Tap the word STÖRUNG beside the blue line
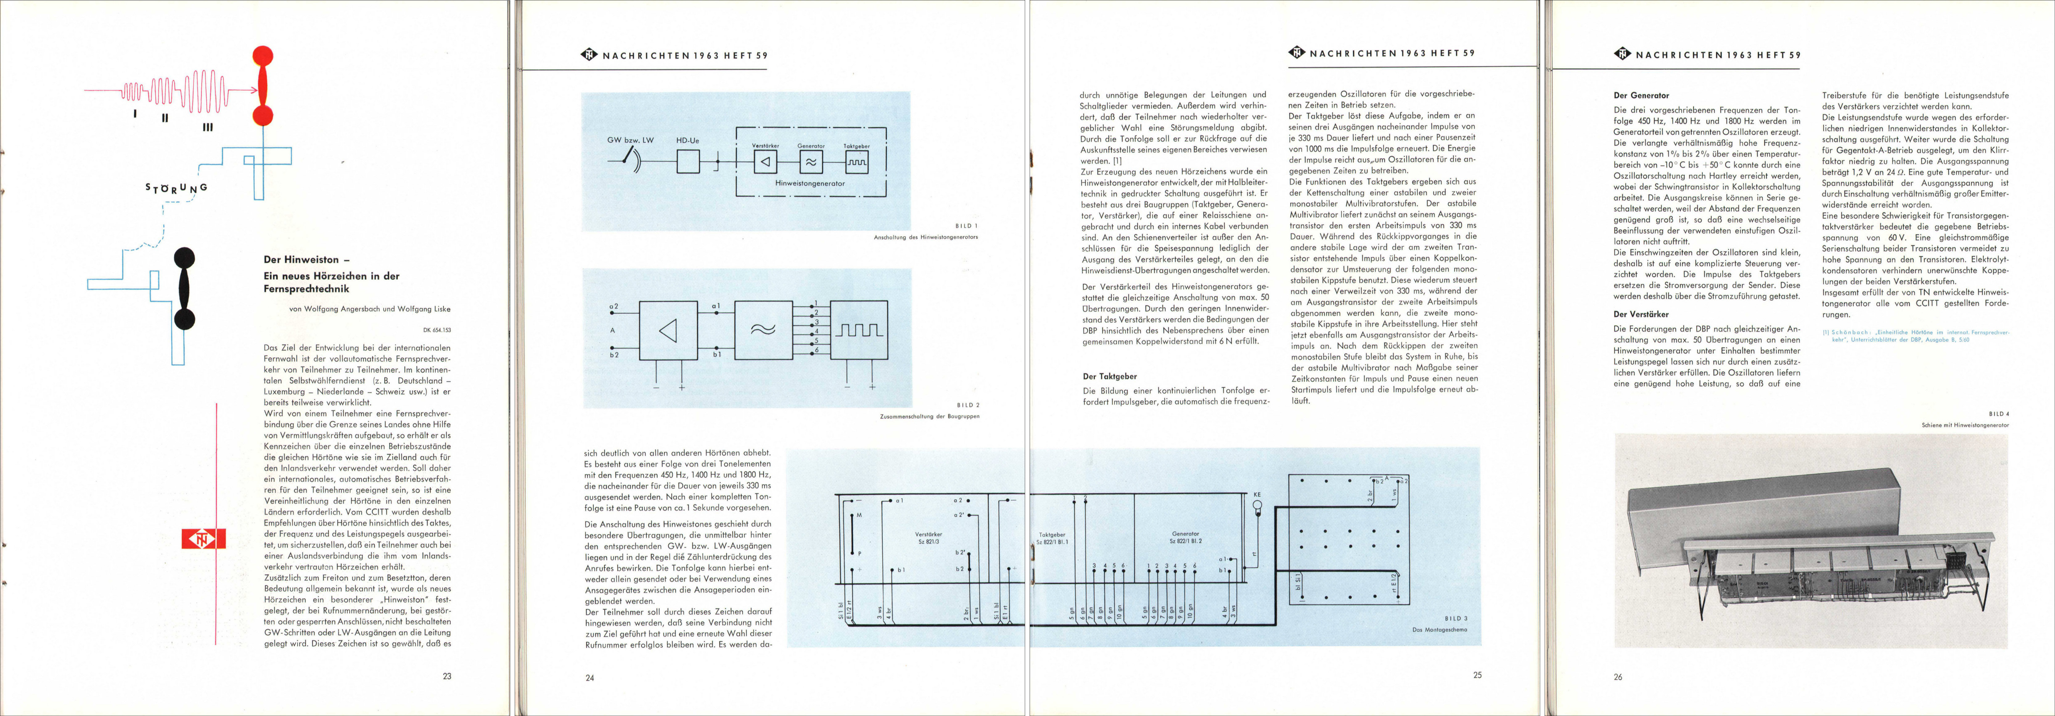(x=176, y=188)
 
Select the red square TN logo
(x=203, y=540)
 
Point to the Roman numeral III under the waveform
(x=207, y=127)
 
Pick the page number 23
(x=447, y=675)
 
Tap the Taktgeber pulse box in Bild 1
(x=857, y=162)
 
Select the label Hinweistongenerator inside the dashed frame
(x=810, y=183)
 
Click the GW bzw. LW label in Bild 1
(x=630, y=141)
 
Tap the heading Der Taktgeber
(x=1110, y=376)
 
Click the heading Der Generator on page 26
(x=1641, y=95)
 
